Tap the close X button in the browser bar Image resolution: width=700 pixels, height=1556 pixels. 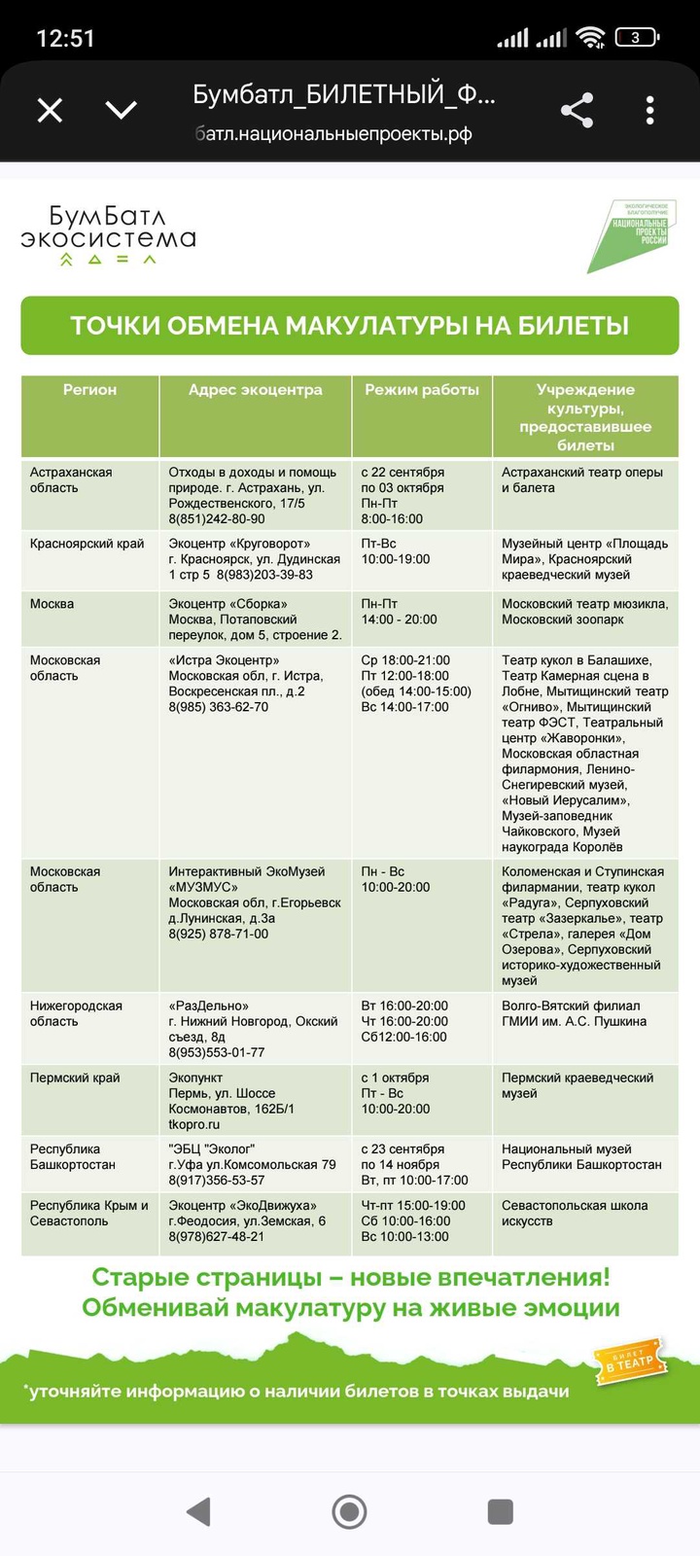(50, 110)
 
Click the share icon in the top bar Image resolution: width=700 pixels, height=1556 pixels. (577, 110)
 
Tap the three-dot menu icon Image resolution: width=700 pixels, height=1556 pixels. (649, 110)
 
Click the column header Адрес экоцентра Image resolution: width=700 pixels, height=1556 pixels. (255, 390)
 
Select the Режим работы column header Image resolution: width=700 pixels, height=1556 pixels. (422, 390)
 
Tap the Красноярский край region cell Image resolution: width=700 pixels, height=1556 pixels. (87, 544)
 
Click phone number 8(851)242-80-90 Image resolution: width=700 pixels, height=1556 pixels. (217, 519)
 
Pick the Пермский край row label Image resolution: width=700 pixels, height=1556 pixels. (75, 1078)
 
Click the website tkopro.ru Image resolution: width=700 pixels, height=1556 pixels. (194, 1124)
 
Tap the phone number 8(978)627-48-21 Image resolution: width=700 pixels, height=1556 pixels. (217, 1237)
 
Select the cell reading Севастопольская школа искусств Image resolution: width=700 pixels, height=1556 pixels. (575, 1213)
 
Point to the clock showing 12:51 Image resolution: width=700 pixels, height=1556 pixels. (65, 38)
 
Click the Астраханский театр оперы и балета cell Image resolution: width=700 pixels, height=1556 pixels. (581, 479)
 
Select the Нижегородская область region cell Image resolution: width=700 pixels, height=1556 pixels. (76, 1013)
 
